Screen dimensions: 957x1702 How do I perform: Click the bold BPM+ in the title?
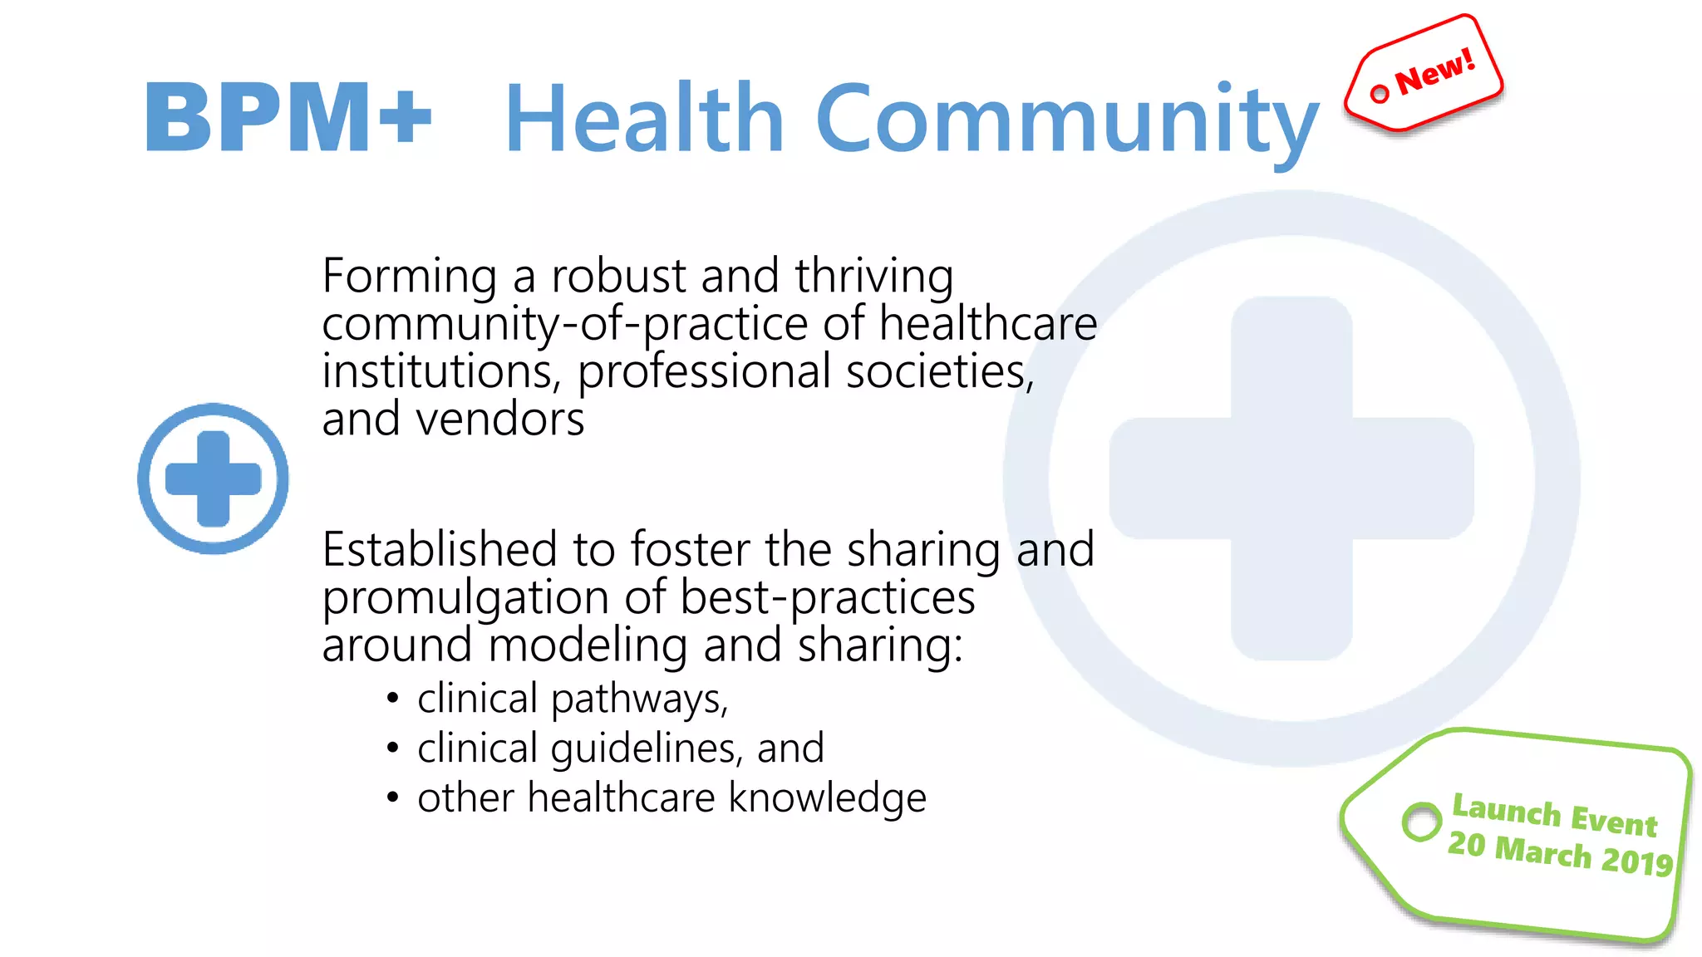point(288,117)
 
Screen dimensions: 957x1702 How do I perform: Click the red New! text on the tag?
point(1435,71)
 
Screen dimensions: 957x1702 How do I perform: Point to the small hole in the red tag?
point(1380,94)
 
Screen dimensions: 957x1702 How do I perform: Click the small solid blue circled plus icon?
point(214,478)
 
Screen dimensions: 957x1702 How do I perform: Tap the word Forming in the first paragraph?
point(410,276)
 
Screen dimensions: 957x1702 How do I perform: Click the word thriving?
point(873,276)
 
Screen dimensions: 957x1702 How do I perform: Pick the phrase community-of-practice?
point(565,324)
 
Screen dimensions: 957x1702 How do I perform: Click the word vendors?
point(500,420)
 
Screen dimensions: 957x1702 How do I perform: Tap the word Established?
point(440,550)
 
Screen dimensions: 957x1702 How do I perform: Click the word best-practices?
point(827,598)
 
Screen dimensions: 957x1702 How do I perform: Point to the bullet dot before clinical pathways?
point(393,699)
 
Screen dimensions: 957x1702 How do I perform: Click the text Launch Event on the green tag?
point(1554,815)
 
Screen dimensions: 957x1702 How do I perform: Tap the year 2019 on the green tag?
point(1636,861)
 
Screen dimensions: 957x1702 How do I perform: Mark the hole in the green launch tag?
point(1421,822)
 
